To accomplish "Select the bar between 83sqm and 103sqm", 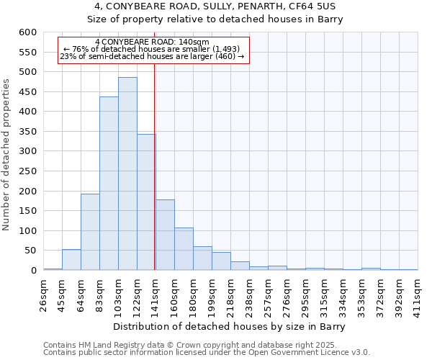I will coord(109,184).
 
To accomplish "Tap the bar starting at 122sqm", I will coord(146,202).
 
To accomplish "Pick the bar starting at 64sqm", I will coord(90,232).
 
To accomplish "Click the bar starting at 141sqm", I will coord(165,235).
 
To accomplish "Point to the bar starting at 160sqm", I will coord(184,249).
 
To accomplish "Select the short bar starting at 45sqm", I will coord(71,260).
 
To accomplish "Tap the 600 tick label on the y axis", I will coord(27,32).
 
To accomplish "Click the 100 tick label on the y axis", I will coord(27,231).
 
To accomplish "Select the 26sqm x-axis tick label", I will coord(43,294).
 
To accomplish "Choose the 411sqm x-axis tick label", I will coord(418,294).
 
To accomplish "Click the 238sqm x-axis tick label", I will coord(249,294).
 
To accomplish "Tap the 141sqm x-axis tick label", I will coord(156,294).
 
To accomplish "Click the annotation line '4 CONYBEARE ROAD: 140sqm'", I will coord(152,42).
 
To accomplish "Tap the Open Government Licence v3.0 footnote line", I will coord(207,352).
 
